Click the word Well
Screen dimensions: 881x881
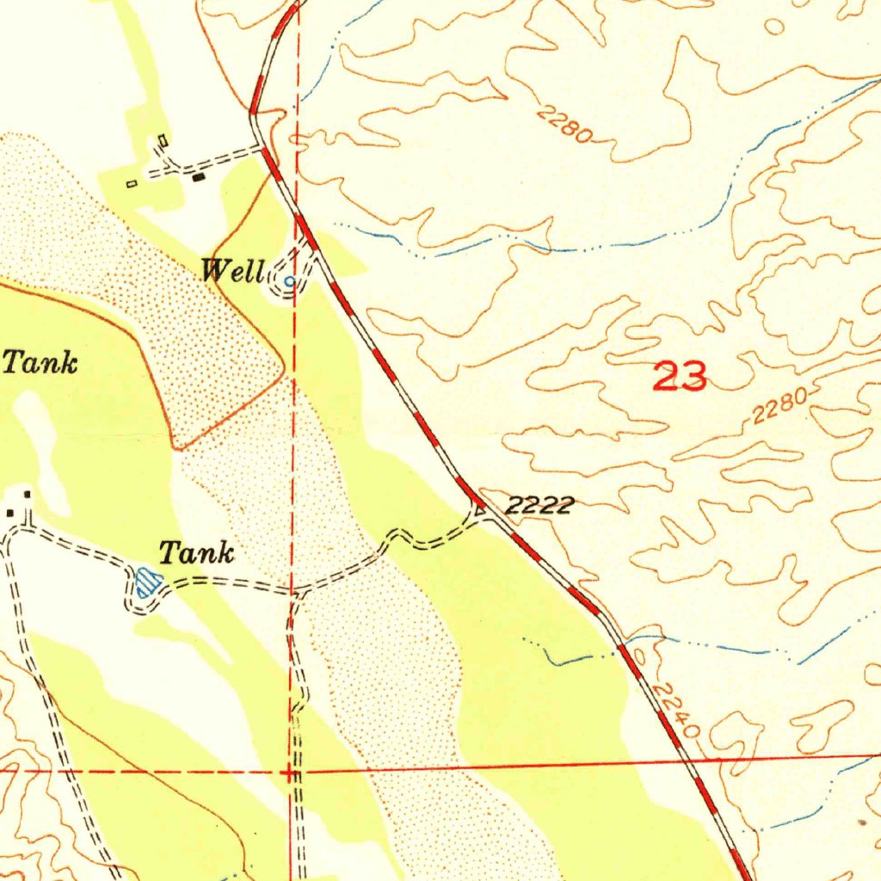[233, 273]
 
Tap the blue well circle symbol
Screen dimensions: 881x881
[289, 280]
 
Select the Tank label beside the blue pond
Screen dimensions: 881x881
[197, 553]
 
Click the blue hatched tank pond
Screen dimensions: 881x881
[149, 584]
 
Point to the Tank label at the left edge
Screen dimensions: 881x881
[40, 362]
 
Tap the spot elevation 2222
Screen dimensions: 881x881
[539, 506]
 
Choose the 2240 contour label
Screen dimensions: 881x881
[675, 711]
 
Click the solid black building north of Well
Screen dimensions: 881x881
[200, 178]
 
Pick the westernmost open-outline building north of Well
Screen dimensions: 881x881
[132, 183]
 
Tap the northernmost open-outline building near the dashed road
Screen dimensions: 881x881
[163, 140]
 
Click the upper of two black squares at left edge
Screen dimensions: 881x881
[28, 494]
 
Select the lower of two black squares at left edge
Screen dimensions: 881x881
[10, 513]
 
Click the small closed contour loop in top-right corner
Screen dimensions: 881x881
[774, 27]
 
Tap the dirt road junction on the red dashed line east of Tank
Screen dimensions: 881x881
[294, 594]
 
